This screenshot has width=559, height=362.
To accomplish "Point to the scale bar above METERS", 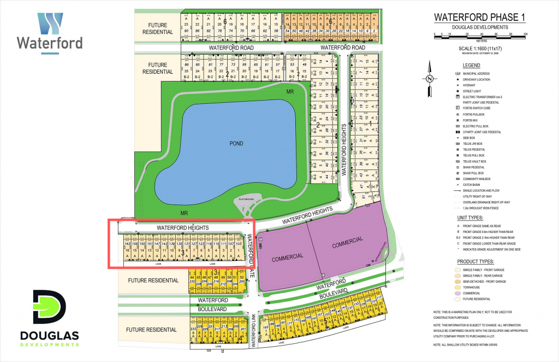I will pyautogui.click(x=479, y=35).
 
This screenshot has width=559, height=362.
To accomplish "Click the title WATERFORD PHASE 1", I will pyautogui.click(x=479, y=17).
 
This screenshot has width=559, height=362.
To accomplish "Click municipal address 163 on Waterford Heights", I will pyautogui.click(x=128, y=243).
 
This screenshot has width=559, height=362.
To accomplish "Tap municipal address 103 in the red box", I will pyautogui.click(x=238, y=243).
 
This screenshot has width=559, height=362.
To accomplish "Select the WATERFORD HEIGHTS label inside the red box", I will pyautogui.click(x=182, y=227).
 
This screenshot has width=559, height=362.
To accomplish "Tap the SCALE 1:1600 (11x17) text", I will pyautogui.click(x=479, y=48).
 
